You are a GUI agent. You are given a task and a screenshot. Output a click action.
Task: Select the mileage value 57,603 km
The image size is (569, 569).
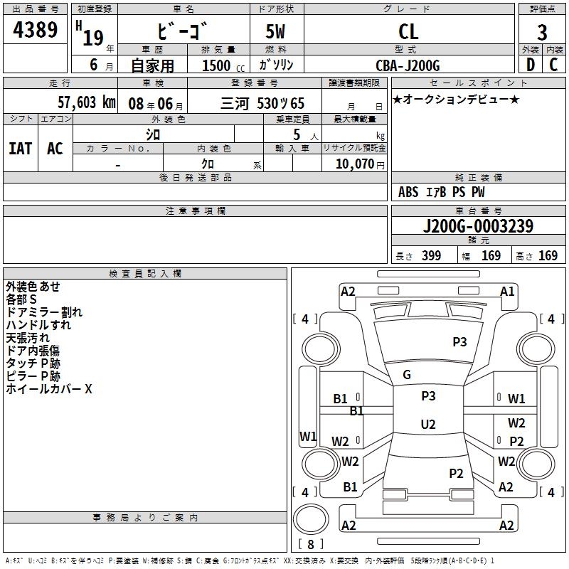tap(78, 102)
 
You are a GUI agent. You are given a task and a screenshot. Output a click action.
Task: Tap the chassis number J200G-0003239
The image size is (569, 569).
tap(478, 227)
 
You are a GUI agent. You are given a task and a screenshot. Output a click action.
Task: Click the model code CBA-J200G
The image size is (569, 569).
tap(408, 65)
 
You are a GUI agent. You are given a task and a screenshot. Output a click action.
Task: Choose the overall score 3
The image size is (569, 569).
tap(542, 32)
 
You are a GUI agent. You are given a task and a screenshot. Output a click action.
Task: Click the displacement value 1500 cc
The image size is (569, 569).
tap(218, 65)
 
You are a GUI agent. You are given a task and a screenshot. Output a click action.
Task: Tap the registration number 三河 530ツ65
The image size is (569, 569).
tap(272, 103)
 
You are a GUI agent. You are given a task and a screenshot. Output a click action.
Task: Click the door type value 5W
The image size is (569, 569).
tap(276, 31)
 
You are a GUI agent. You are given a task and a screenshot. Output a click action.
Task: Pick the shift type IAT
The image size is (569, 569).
tap(20, 149)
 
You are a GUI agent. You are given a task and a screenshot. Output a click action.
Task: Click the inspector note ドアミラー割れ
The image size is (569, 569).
tap(44, 312)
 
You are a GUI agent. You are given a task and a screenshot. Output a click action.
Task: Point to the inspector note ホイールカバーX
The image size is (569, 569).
tap(49, 389)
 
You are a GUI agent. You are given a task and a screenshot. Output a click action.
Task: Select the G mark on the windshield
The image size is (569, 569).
tap(407, 375)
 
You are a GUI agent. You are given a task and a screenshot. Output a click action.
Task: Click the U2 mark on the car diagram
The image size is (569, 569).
tap(428, 425)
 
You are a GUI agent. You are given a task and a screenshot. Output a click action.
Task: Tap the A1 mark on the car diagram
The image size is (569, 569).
tap(507, 292)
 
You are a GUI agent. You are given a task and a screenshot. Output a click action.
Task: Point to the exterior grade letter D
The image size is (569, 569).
tap(530, 65)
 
